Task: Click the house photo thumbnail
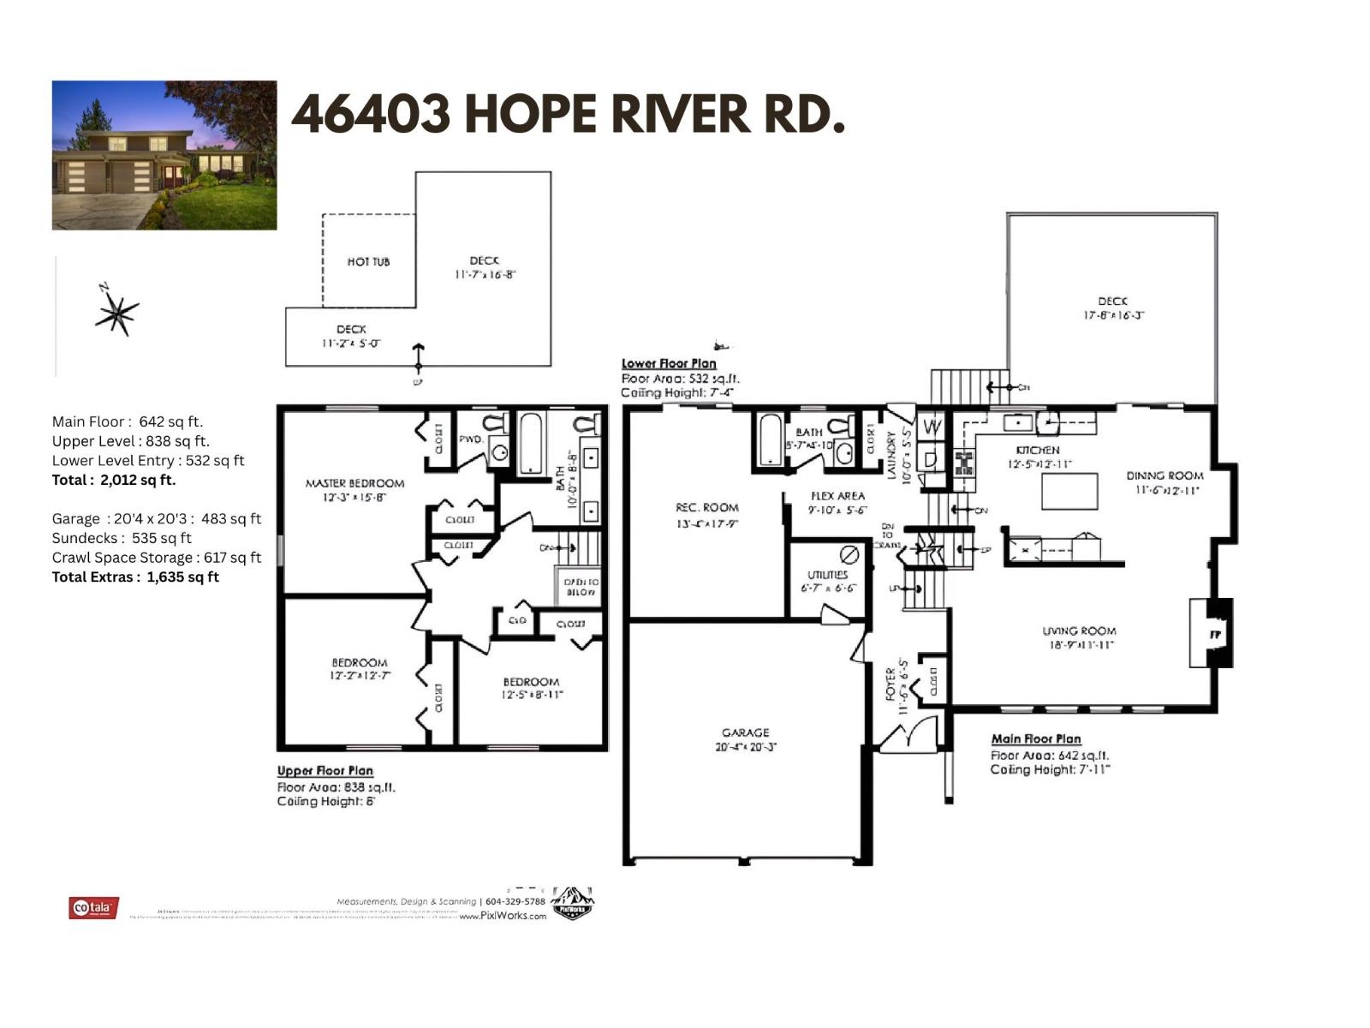164,155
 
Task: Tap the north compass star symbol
116,312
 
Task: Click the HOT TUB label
368,261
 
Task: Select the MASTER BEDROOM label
354,483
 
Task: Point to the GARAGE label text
745,732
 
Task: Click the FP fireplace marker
1214,635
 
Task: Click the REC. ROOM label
706,507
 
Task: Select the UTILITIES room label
827,575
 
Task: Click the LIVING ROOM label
1079,631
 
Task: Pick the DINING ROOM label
1164,475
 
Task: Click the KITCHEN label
1038,450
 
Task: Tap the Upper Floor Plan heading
325,770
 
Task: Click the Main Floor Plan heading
1035,738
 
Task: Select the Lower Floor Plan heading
668,363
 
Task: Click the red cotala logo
93,907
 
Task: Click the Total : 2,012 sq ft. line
114,480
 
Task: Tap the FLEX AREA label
837,496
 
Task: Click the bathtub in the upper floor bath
531,443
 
